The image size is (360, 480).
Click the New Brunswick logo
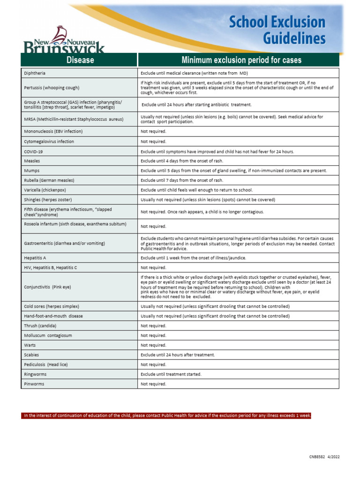(x=64, y=40)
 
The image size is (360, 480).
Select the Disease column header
(x=80, y=60)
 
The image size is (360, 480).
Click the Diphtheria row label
(x=35, y=74)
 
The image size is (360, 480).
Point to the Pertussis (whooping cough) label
(x=52, y=88)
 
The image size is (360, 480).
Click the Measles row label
(x=32, y=161)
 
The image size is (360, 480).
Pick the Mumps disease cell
(x=31, y=171)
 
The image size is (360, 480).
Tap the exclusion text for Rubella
(x=182, y=180)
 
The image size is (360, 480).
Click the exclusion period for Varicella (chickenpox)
(x=196, y=190)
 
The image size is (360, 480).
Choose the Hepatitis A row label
(x=35, y=258)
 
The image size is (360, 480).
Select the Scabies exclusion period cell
(x=178, y=355)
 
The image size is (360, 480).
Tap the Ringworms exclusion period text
(x=171, y=375)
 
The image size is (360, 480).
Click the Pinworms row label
(x=34, y=384)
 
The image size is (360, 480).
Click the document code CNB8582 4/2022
(x=324, y=457)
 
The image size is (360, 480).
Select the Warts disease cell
(x=30, y=345)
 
